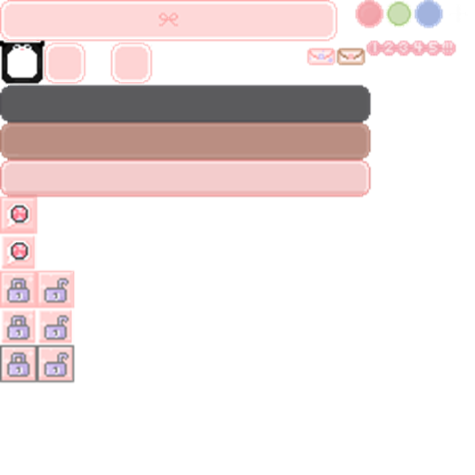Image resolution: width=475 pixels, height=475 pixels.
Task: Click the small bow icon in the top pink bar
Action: [x=168, y=20]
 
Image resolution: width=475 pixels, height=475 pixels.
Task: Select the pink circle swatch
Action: [x=369, y=14]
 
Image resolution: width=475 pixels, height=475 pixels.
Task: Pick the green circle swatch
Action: [x=399, y=14]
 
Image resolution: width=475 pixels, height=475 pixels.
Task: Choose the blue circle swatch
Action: [x=429, y=14]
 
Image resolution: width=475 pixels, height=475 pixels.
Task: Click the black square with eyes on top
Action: [x=21, y=63]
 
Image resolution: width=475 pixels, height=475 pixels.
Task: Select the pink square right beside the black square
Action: [x=65, y=63]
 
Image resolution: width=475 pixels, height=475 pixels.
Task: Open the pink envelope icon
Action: [x=321, y=56]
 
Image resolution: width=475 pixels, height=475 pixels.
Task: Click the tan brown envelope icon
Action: [x=350, y=56]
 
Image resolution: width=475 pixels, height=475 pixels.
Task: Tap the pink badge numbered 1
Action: [x=374, y=48]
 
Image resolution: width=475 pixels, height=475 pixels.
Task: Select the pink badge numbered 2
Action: [x=390, y=48]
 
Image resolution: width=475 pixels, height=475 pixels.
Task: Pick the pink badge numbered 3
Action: [x=404, y=48]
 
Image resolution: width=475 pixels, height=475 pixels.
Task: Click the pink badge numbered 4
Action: [x=419, y=48]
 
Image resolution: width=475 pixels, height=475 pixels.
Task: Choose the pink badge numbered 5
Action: [x=433, y=48]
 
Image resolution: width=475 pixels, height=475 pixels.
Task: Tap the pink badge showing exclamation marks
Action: [x=448, y=48]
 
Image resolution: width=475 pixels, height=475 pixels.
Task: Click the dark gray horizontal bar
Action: [x=185, y=103]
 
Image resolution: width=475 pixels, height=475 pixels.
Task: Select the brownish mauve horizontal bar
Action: [x=185, y=141]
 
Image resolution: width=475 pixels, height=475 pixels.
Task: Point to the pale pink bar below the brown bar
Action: [x=185, y=178]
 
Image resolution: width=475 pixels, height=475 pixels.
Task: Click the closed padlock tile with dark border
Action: [x=19, y=364]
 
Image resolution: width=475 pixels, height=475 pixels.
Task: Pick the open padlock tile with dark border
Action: [x=56, y=364]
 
